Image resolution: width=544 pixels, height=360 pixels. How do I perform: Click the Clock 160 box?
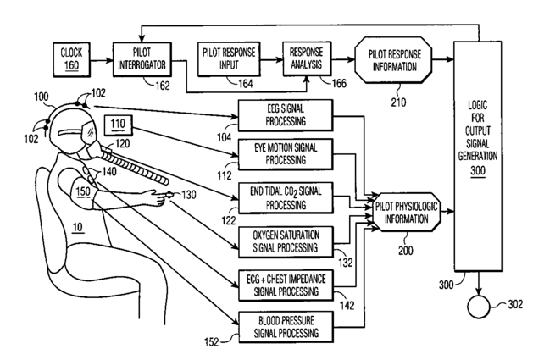tap(71, 59)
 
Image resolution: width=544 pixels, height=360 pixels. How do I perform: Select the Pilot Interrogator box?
tap(142, 59)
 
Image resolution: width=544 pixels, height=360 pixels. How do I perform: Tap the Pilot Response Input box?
tap(229, 59)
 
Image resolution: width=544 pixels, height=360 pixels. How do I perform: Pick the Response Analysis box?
tap(307, 58)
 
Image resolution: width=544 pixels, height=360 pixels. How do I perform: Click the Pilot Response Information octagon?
tap(393, 60)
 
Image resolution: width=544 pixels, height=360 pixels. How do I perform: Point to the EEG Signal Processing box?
tap(286, 115)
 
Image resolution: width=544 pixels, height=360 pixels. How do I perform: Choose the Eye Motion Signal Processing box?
tap(286, 154)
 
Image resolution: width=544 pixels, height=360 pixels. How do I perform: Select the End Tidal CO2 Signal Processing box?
tap(286, 198)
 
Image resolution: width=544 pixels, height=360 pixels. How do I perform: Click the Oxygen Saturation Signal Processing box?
tap(286, 241)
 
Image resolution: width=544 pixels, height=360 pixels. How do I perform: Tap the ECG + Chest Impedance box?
tap(286, 285)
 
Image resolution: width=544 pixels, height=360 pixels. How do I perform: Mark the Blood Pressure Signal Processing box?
tap(286, 327)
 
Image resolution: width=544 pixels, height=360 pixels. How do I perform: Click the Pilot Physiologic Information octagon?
tap(406, 213)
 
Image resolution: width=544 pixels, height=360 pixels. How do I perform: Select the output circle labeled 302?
tap(479, 307)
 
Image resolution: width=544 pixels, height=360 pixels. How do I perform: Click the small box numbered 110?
tap(118, 125)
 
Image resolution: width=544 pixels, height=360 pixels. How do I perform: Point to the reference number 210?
tap(398, 102)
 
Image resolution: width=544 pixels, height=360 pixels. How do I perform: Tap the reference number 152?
tap(212, 342)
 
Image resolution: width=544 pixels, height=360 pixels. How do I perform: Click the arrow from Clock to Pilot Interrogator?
tap(102, 60)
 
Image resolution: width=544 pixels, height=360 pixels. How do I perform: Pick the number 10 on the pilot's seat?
tap(78, 227)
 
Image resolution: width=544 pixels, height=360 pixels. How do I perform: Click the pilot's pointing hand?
tap(157, 197)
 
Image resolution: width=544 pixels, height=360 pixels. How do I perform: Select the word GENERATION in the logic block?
tap(478, 156)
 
